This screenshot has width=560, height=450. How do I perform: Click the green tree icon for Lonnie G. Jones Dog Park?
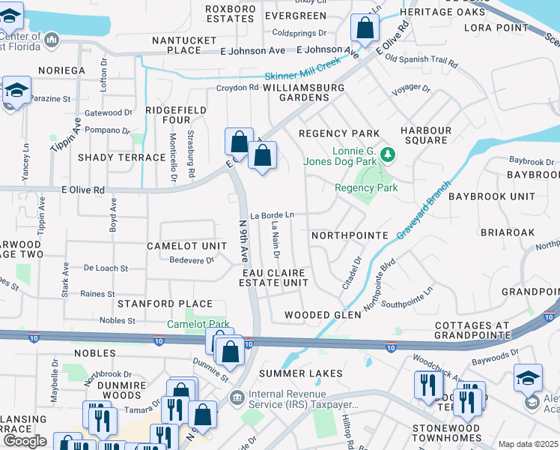[387, 154]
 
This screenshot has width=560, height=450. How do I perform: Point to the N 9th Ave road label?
[243, 241]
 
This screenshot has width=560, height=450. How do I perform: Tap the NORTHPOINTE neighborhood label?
[350, 235]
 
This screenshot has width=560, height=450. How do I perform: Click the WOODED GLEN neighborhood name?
[323, 315]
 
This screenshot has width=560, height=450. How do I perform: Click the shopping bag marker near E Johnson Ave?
[364, 29]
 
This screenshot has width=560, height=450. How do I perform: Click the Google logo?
[25, 441]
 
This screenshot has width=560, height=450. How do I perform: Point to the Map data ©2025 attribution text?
[528, 444]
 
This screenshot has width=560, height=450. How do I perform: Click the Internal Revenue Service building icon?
[237, 396]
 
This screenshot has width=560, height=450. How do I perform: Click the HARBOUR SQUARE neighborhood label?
[426, 136]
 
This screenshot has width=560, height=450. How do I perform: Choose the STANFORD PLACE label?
[165, 304]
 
